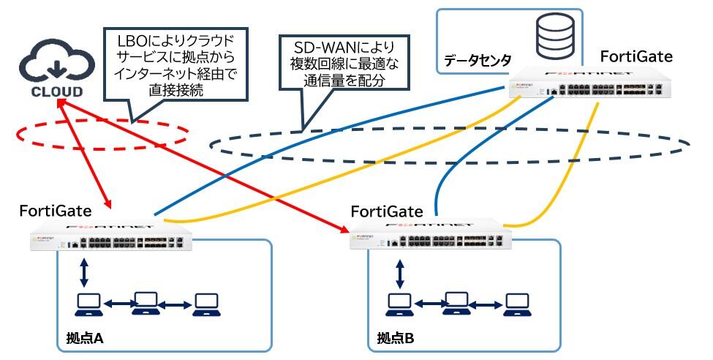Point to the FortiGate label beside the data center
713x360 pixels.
coord(636,56)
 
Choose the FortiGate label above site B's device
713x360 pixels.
coord(387,212)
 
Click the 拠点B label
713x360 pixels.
coord(396,339)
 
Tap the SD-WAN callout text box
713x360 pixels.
coord(344,64)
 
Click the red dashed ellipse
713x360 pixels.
coord(102,132)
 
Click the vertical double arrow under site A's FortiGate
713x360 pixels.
coord(85,271)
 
